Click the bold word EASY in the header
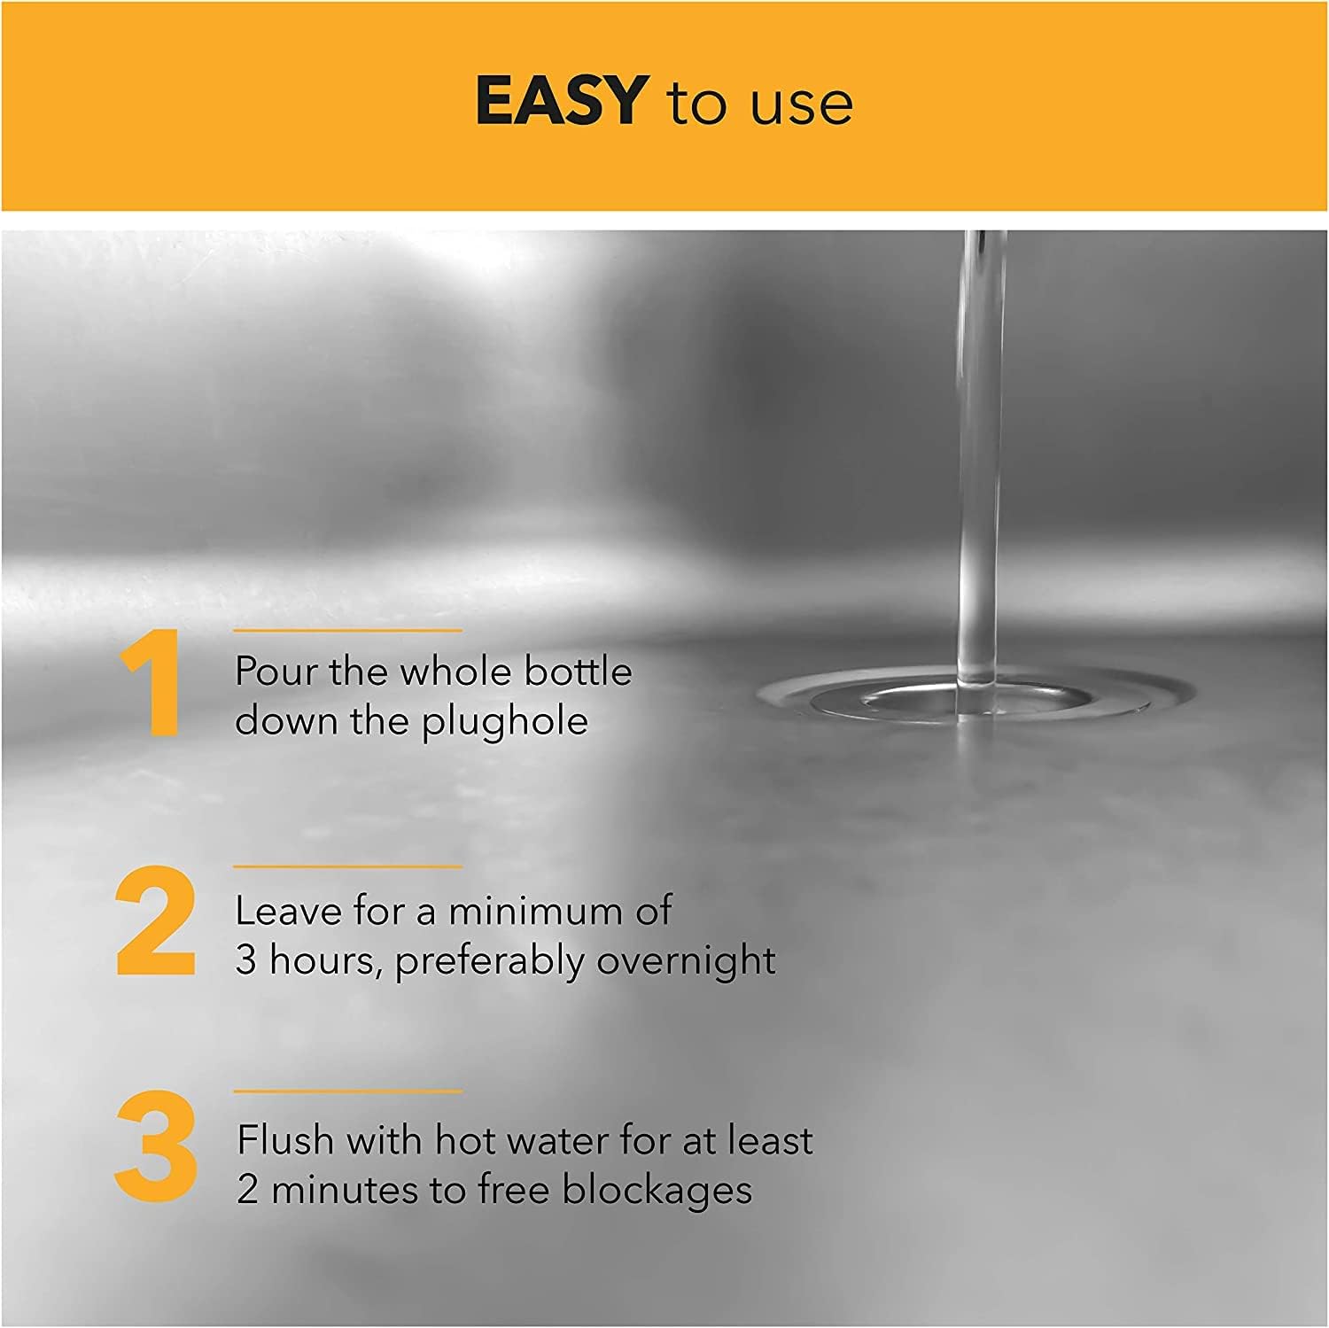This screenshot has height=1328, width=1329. [x=557, y=100]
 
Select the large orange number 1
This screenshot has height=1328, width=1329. [x=152, y=684]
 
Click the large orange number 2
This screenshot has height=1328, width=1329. [x=156, y=921]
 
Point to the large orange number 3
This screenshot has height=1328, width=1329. [x=156, y=1147]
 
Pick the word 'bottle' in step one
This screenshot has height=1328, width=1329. [x=578, y=672]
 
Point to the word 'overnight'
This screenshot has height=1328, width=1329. [x=686, y=963]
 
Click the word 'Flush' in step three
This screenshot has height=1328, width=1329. [x=285, y=1140]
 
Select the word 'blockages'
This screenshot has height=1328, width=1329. [x=657, y=1191]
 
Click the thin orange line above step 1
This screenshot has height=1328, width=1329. [x=347, y=630]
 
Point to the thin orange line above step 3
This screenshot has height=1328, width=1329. [x=347, y=1091]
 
